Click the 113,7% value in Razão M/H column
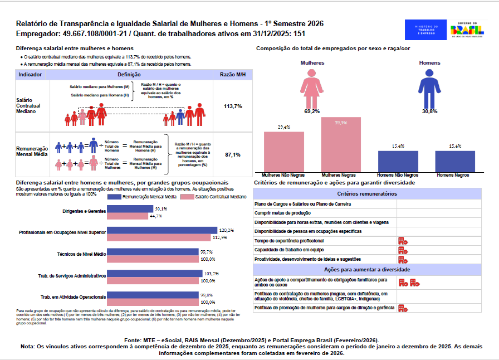(x=233, y=106)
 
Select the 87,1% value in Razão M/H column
(x=233, y=155)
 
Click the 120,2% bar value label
(x=226, y=230)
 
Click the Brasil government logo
(x=467, y=30)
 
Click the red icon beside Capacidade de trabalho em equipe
(x=403, y=250)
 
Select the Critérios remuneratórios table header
(x=367, y=194)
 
